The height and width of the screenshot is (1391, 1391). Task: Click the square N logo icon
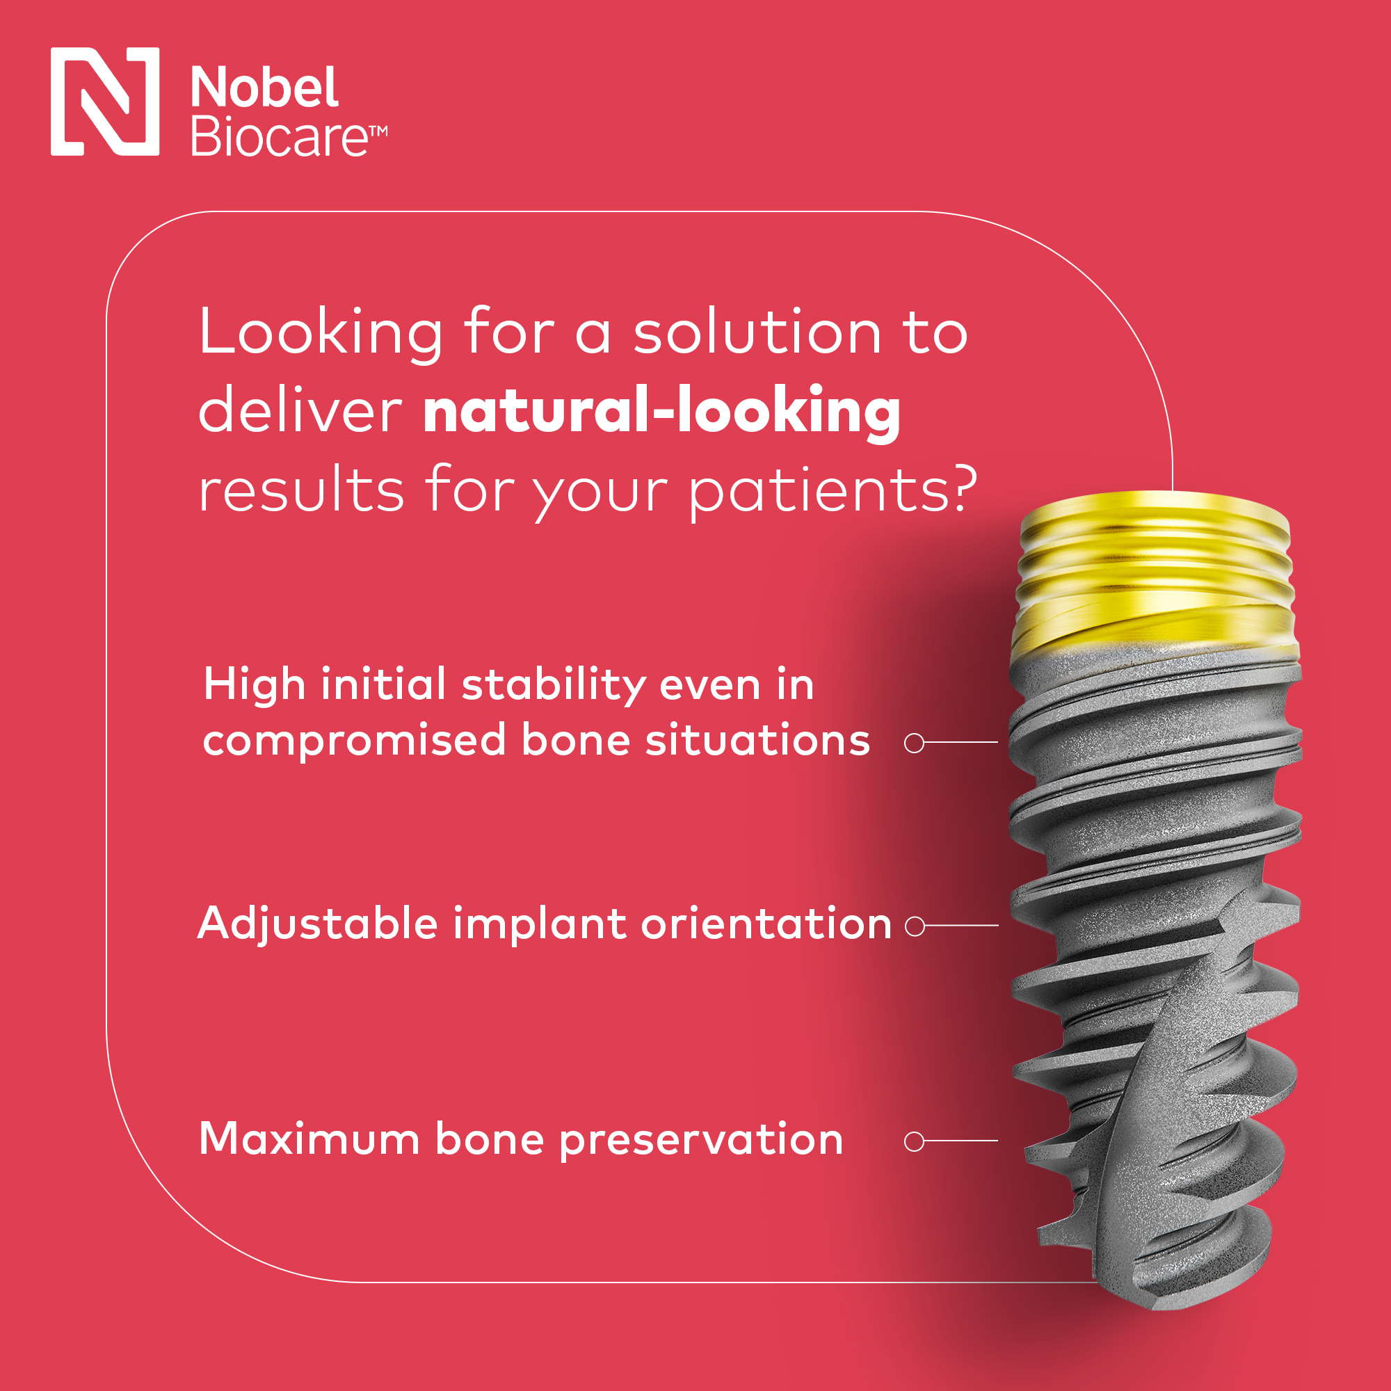coord(105,102)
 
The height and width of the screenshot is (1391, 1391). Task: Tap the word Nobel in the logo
coord(264,88)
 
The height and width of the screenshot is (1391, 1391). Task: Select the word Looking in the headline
coord(321,332)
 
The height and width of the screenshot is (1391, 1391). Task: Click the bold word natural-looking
coord(661,411)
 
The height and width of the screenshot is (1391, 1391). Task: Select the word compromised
coord(355,742)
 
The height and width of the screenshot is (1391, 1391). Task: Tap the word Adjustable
coord(318,924)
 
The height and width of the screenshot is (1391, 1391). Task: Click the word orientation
coord(766,924)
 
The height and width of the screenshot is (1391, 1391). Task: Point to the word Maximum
coord(309,1140)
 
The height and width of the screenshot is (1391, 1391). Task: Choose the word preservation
coord(700,1141)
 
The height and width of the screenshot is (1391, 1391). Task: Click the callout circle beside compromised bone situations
coord(915,743)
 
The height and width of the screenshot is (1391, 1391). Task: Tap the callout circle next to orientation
coord(915,926)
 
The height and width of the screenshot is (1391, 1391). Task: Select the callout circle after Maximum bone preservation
coord(915,1142)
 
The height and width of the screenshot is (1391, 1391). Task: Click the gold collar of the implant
coord(1154,576)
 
